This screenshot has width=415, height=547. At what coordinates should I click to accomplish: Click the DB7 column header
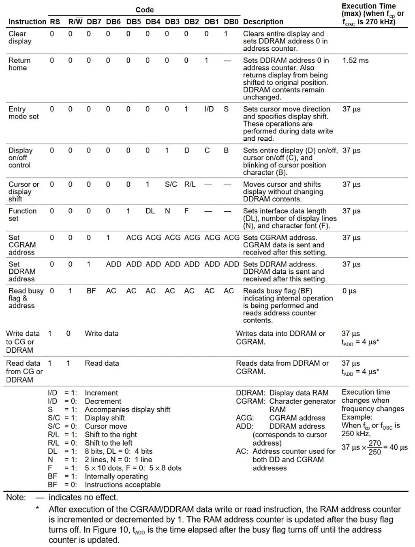94,22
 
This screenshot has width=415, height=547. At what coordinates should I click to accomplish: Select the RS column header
55,22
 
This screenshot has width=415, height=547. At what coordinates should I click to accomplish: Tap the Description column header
263,22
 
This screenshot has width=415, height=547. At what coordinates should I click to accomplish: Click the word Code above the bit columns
145,10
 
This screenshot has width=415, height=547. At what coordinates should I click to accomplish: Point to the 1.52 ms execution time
355,60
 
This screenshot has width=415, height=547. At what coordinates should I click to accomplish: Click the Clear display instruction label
20,37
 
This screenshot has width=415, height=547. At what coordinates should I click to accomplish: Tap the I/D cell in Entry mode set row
209,109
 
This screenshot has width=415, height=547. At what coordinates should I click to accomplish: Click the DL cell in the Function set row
150,211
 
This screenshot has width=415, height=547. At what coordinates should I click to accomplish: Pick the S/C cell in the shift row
171,184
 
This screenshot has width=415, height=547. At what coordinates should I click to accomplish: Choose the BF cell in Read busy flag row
91,291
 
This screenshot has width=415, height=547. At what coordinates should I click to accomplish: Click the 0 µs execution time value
349,291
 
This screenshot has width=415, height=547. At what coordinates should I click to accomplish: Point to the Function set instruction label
22,215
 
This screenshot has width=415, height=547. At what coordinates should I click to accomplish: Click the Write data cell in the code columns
102,334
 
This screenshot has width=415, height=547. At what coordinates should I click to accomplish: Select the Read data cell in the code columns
102,363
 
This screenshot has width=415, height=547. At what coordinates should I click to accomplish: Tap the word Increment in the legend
101,393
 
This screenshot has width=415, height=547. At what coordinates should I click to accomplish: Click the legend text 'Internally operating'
116,476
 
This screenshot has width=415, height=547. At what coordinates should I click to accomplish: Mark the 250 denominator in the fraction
375,452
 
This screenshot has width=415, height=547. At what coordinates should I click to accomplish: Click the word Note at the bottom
16,498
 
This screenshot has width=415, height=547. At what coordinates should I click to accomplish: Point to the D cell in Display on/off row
187,150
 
